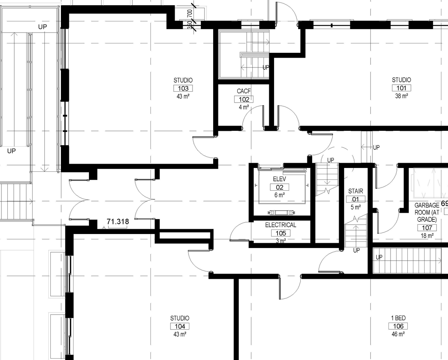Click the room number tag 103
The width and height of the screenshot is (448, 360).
pos(183,89)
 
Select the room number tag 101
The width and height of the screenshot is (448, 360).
pos(401,88)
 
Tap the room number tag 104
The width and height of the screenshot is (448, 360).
pos(180,326)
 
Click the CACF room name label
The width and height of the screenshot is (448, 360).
pos(244,91)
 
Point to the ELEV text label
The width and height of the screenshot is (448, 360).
pos(279,179)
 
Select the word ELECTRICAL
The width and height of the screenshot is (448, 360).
pos(280,225)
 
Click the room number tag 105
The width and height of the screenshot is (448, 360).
pos(281,233)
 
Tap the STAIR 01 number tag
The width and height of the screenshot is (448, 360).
pos(356,199)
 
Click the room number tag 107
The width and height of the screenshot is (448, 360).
pos(427,228)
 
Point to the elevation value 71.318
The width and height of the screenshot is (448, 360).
pos(118,221)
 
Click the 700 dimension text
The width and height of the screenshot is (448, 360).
pos(190,14)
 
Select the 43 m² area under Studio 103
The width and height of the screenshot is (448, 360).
pos(183,97)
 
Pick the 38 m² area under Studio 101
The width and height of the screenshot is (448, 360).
pos(401,96)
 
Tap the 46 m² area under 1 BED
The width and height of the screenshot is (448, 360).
pos(398,334)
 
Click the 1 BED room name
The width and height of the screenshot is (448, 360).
pos(398,318)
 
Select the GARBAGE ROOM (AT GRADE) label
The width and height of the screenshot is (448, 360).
pos(427,212)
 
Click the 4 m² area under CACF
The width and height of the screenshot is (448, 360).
pos(244,107)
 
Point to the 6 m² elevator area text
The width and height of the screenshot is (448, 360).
pos(279,195)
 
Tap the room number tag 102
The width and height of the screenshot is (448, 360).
pos(244,99)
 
